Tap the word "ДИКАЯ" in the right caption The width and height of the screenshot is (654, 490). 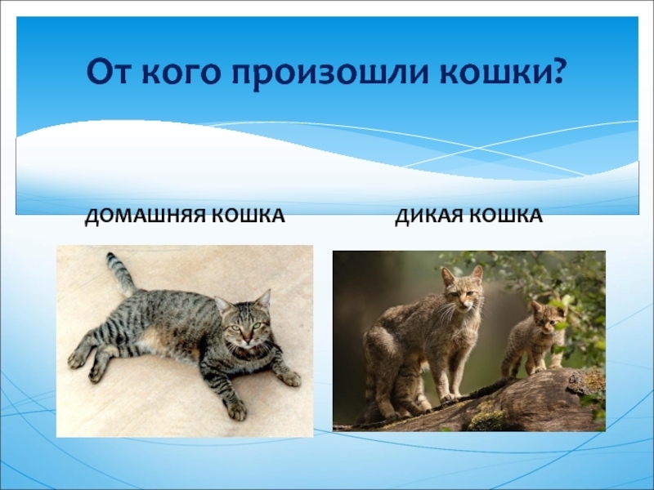click(x=428, y=216)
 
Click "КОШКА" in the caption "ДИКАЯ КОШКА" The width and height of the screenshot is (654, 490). click(x=506, y=216)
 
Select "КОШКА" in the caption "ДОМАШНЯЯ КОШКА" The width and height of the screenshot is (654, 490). click(x=249, y=216)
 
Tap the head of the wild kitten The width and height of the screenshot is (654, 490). click(x=547, y=314)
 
